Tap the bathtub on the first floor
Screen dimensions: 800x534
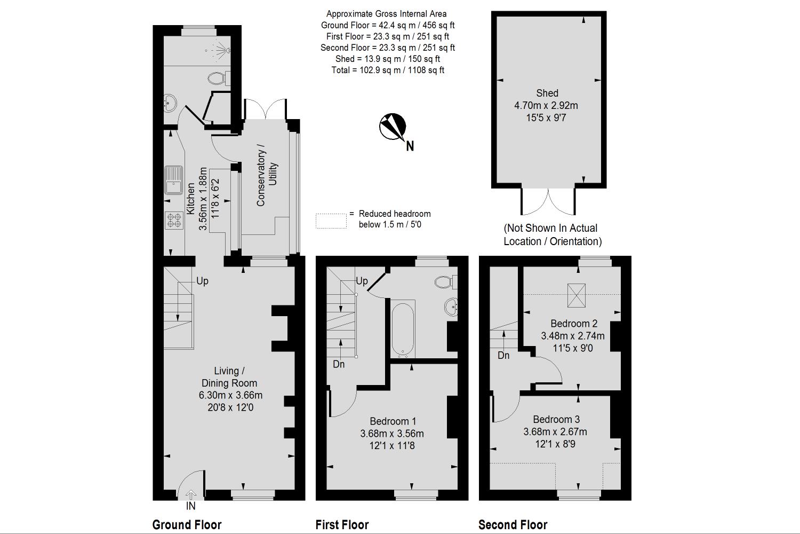tap(403, 329)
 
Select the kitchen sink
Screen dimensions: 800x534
tap(173, 180)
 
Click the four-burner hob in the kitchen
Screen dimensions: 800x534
tap(174, 221)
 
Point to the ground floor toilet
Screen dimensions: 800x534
tap(219, 78)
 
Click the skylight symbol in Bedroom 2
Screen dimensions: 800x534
tap(577, 295)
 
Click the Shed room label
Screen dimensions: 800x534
tap(547, 93)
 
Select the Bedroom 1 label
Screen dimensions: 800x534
tap(393, 421)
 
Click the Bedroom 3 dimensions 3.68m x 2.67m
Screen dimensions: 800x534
tap(555, 431)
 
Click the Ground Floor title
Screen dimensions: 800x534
tap(187, 525)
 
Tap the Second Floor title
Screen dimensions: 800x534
tap(513, 525)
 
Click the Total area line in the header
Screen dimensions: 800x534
tap(388, 70)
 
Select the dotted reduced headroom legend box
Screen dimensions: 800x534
tap(331, 221)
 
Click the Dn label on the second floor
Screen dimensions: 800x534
tap(503, 355)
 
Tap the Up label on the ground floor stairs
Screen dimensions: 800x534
tap(202, 281)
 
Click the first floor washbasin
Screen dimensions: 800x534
tap(451, 307)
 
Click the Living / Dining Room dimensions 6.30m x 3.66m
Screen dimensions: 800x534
tap(231, 395)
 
